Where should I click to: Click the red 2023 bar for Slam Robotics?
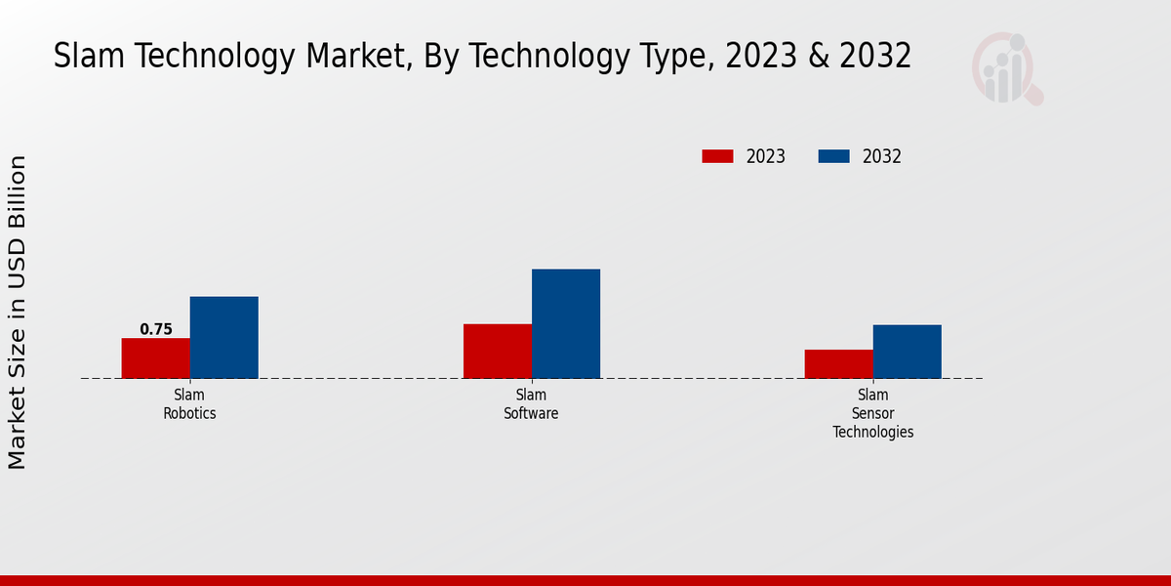(155, 358)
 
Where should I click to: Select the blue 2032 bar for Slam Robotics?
(223, 337)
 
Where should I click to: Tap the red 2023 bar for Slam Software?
(498, 351)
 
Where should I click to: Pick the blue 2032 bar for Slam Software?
(566, 323)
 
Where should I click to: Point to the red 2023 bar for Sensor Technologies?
(838, 363)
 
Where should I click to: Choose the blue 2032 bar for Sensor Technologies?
(907, 352)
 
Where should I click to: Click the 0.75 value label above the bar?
(156, 329)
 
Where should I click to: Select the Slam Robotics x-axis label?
(189, 404)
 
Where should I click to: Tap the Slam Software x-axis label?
(531, 404)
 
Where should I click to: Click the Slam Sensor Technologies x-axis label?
(872, 413)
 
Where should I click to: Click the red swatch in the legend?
(717, 156)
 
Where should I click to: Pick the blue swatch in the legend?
(833, 156)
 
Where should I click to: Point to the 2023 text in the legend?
(766, 156)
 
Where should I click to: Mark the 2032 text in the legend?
(882, 156)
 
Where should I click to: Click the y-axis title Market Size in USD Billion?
(18, 313)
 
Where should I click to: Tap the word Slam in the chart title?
(85, 57)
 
